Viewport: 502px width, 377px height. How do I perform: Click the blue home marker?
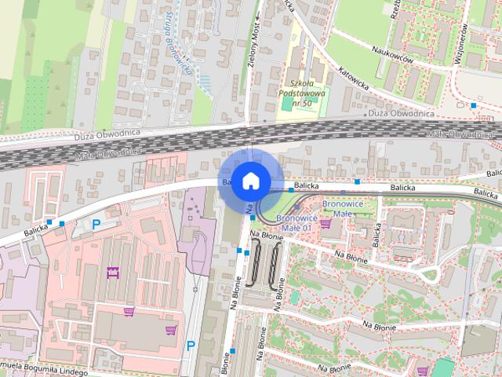(x=249, y=181)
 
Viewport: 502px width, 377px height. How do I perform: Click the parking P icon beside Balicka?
(x=96, y=225)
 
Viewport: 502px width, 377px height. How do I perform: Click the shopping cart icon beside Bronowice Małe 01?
(x=326, y=223)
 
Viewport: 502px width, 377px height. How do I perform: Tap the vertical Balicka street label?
(x=377, y=230)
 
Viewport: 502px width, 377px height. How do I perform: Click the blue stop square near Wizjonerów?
(x=473, y=104)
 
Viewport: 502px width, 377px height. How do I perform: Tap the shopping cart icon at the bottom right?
(x=422, y=371)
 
